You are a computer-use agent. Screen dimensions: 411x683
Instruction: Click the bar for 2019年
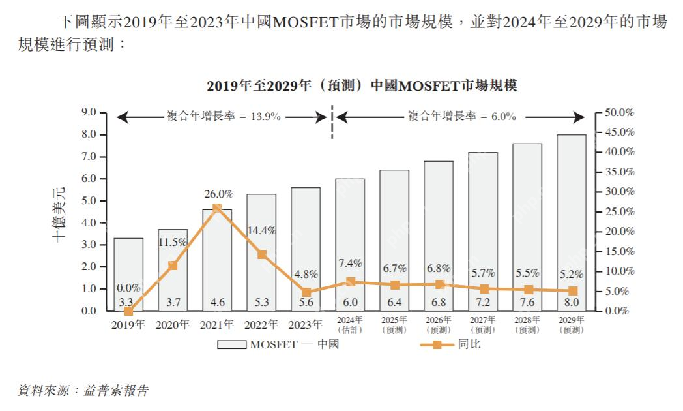click(x=128, y=274)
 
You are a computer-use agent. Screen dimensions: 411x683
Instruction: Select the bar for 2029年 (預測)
click(x=572, y=222)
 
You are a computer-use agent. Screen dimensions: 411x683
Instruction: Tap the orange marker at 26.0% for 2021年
click(x=217, y=208)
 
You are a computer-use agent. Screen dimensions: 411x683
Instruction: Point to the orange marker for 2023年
click(x=306, y=292)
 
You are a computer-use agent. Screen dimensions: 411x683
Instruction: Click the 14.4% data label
click(x=262, y=230)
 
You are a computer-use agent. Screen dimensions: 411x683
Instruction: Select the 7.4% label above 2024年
click(x=350, y=263)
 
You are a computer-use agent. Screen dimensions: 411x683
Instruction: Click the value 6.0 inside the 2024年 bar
click(x=350, y=302)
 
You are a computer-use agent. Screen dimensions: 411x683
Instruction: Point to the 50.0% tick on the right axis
click(x=619, y=112)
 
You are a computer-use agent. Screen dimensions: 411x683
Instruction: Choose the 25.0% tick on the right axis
click(x=619, y=211)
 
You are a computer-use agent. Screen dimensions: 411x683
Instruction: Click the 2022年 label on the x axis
click(x=261, y=324)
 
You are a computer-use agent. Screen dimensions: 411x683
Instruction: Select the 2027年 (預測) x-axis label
click(x=483, y=325)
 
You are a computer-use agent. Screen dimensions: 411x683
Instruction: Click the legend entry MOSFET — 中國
click(x=278, y=344)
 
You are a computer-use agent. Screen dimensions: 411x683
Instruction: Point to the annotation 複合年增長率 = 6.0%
click(x=462, y=117)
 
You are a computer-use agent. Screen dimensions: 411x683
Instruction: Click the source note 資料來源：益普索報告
click(x=83, y=391)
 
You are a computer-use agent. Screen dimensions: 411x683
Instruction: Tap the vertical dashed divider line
click(x=332, y=124)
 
